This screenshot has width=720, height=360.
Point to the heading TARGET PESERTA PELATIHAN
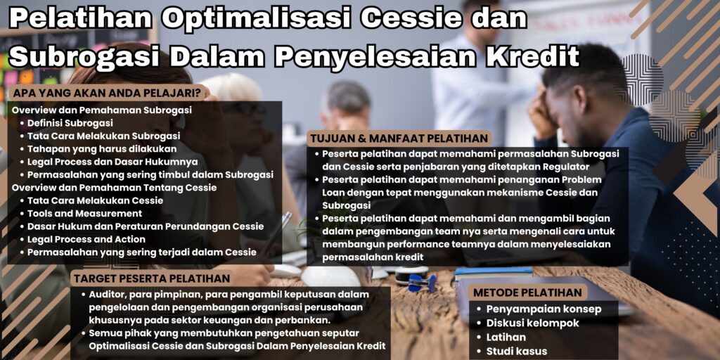pos(152,278)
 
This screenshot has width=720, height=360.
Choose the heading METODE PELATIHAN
pos(527,292)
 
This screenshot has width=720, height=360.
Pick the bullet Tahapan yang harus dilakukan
pos(102,148)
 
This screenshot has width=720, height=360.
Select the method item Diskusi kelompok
pos(533,323)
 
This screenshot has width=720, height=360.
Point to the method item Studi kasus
pos(517,351)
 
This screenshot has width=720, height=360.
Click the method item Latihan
pos(506,337)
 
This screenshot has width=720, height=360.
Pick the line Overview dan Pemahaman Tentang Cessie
pos(114,188)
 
